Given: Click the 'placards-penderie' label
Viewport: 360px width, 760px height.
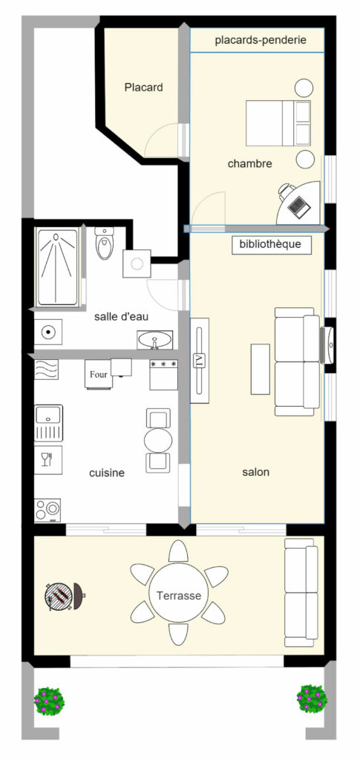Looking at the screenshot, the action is coord(261,40).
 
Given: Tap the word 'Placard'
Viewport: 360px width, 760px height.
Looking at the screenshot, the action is coord(143,88).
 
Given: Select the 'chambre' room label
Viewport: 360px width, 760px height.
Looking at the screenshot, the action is coord(249,164).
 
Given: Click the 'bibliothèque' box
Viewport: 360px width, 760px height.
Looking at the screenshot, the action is coord(271,244).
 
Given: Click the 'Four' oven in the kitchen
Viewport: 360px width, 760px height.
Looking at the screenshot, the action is coord(99,374).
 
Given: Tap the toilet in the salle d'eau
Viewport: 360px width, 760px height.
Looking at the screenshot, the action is coord(104,243).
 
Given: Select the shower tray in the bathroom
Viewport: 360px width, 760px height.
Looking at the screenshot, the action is coord(57,267).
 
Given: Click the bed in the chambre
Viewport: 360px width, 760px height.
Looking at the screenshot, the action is coord(278,123).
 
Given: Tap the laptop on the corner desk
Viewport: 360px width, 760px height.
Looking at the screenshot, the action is coord(298,206).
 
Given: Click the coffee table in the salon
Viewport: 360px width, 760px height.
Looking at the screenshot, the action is coord(261,369).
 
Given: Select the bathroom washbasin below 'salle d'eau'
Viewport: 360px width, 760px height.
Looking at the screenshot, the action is coord(154,340).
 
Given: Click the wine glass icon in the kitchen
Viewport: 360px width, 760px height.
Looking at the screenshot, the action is coord(47,459).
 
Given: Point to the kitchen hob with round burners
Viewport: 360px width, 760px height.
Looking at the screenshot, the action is coord(48,510).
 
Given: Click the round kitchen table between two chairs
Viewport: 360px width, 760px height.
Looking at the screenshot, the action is coord(158,440).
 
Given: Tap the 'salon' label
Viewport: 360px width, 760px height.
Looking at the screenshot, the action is coord(256,472).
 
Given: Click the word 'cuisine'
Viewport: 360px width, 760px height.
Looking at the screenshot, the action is coord(107,473).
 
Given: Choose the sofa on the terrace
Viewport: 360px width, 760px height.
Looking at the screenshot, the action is coord(301,592).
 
